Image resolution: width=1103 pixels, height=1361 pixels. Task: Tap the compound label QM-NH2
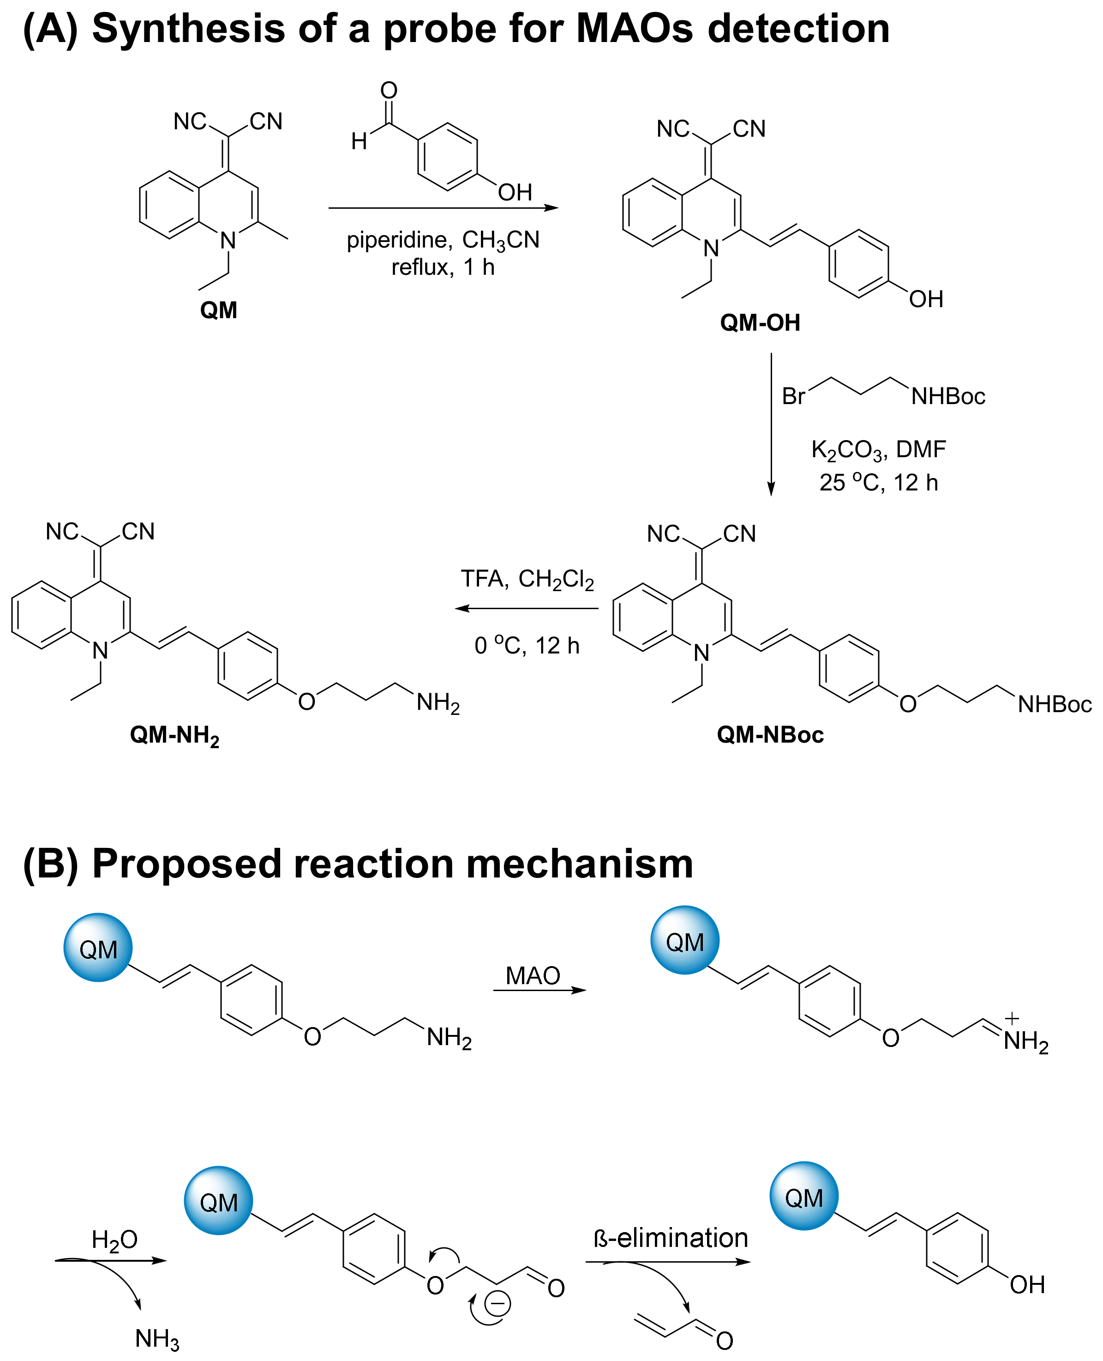(175, 736)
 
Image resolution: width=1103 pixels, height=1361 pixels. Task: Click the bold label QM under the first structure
(219, 310)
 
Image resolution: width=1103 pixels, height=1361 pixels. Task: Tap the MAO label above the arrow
(533, 976)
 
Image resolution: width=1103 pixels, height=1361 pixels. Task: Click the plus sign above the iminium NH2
(1012, 1019)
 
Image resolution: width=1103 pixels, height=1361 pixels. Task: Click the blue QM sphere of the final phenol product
(804, 1196)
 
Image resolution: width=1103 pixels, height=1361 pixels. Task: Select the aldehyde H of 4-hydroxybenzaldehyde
(359, 141)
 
